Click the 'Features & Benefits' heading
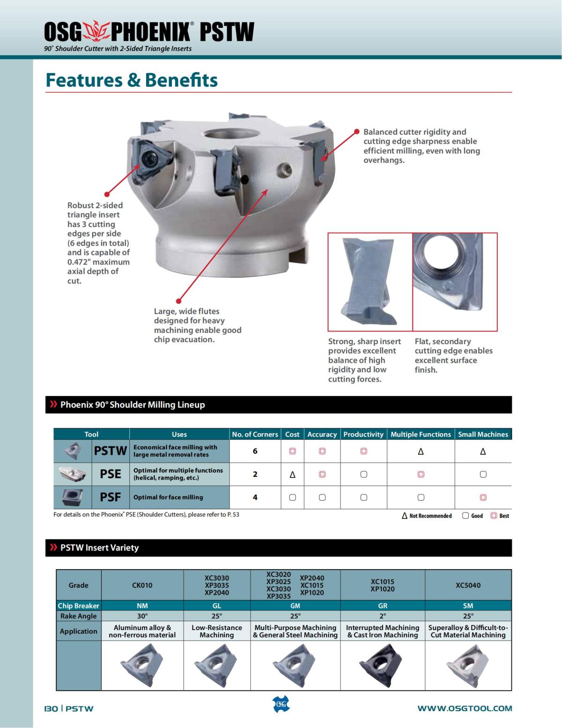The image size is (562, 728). pyautogui.click(x=132, y=80)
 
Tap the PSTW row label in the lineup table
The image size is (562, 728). pyautogui.click(x=111, y=451)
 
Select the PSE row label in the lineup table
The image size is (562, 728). pyautogui.click(x=111, y=474)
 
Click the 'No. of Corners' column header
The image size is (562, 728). pyautogui.click(x=255, y=434)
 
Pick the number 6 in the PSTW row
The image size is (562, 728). pyautogui.click(x=255, y=451)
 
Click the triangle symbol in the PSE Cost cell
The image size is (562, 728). pyautogui.click(x=292, y=474)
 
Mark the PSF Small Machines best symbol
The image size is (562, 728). pyautogui.click(x=483, y=497)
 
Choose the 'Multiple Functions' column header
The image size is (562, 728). pyautogui.click(x=421, y=434)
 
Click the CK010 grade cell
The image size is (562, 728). pyautogui.click(x=142, y=585)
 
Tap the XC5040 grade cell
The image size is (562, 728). pyautogui.click(x=468, y=585)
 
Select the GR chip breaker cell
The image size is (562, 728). pyautogui.click(x=383, y=606)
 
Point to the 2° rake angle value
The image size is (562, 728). pyautogui.click(x=383, y=616)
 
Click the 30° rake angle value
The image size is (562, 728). pyautogui.click(x=142, y=616)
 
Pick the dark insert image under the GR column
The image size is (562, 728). pyautogui.click(x=382, y=665)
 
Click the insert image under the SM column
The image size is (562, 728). pyautogui.click(x=468, y=665)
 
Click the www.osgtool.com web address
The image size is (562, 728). pyautogui.click(x=465, y=708)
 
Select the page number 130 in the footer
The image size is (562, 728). pyautogui.click(x=51, y=708)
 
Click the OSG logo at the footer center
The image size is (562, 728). pyautogui.click(x=281, y=704)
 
